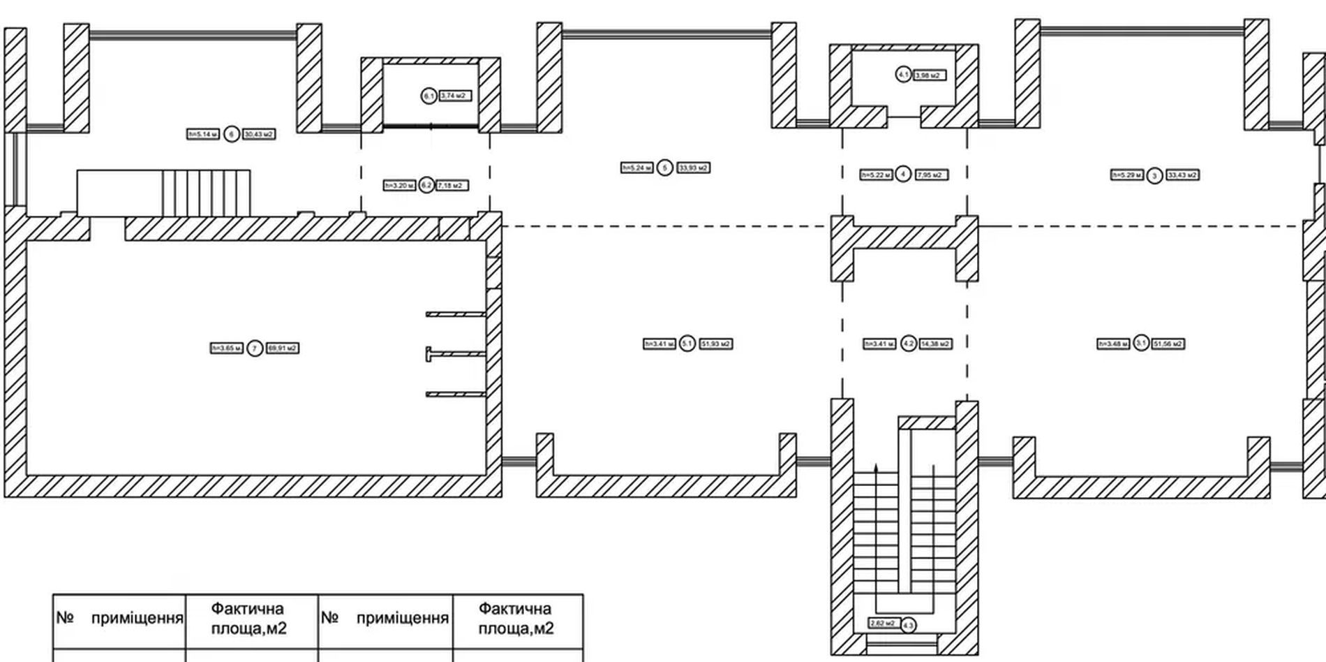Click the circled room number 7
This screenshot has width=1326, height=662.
255,348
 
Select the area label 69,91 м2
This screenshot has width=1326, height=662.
283,348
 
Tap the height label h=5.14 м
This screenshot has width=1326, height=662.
203,134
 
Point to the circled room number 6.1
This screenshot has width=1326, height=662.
429,96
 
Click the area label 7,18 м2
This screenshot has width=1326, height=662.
452,186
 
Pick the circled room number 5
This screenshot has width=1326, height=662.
665,168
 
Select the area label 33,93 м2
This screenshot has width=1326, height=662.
693,168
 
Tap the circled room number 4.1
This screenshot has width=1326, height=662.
903,74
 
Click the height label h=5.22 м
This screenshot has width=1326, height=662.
876,175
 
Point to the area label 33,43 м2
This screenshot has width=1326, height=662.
1182,175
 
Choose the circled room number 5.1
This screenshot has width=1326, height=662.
687,344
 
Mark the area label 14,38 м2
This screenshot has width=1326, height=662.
935,344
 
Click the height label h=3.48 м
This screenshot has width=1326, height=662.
1113,344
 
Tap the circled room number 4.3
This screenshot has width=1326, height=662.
908,625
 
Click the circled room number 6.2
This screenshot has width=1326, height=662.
427,186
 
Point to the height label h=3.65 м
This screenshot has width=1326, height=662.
227,348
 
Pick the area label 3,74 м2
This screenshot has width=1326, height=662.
455,96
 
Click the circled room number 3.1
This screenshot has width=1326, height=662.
1141,343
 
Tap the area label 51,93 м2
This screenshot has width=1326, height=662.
716,344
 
